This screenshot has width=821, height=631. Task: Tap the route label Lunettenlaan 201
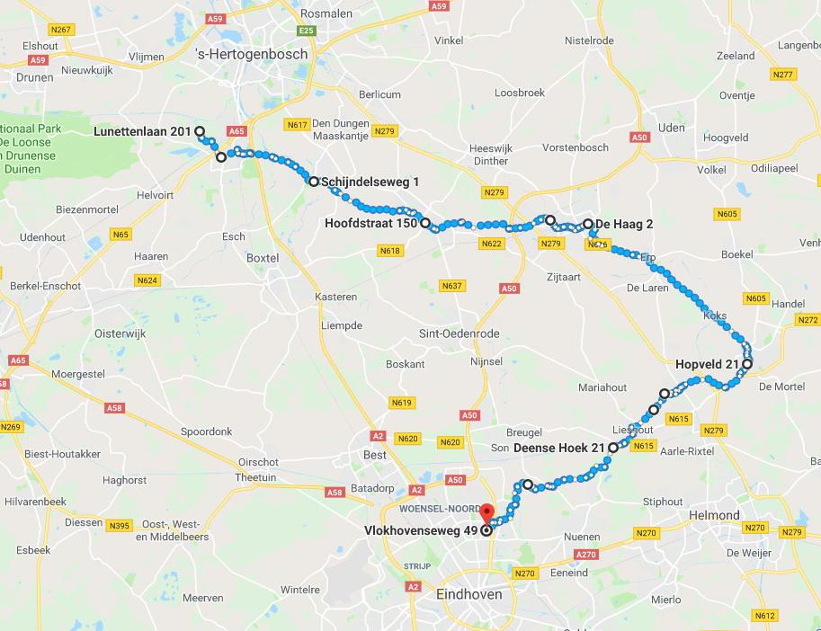pos(142,131)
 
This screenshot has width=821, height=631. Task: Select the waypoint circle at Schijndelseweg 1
pos(314,182)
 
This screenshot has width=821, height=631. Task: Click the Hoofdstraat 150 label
pos(370,223)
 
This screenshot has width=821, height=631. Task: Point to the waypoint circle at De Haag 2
pos(588,224)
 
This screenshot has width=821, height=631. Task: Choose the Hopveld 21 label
pos(707,364)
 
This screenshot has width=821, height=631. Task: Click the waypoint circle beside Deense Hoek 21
pos(613,448)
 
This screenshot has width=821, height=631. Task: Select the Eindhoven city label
pos(468,595)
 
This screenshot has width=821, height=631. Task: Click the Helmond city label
pos(713,516)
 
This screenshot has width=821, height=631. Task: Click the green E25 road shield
pos(308,31)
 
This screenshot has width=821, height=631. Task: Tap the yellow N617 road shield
pos(297,124)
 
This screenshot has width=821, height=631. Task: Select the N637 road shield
pos(451,286)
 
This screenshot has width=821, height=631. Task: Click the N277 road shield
pos(782,74)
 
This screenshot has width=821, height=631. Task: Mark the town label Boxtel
pos(263,258)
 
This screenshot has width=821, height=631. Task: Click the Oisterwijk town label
pos(121,333)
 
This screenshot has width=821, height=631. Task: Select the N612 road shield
pos(765,616)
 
